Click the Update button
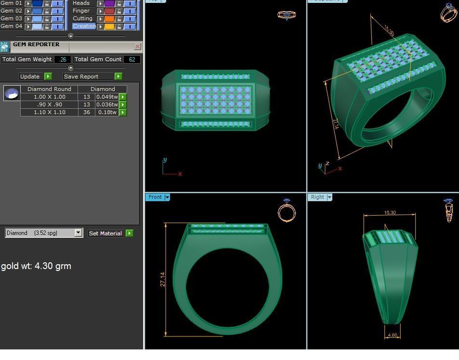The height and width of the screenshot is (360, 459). pos(30,77)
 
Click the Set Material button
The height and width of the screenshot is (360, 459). pos(105,233)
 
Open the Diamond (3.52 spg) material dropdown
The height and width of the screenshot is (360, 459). pos(78,233)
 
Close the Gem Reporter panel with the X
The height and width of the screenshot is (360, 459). pos(137,47)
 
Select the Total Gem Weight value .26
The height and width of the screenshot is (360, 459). pos(63,60)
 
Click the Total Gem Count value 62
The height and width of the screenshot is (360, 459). pos(131,60)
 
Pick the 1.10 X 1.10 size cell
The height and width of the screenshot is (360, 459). pos(49,112)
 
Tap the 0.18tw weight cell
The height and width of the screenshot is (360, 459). pos(107,112)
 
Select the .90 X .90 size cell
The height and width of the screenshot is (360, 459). pos(49,104)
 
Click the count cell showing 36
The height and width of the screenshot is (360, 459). pos(87,112)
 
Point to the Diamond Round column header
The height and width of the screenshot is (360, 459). pos(49,89)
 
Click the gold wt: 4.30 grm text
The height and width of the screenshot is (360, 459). pos(36,266)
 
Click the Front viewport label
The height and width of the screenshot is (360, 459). pos(155,197)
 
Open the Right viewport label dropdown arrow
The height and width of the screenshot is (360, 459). pos(329,197)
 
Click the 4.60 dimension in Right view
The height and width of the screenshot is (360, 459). pos(392,335)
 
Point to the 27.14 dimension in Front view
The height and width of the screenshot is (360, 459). pos(163,280)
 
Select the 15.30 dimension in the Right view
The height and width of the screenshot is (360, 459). pos(390,213)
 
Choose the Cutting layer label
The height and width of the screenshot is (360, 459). pos(82,18)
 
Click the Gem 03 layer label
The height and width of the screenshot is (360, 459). pos(12,18)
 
